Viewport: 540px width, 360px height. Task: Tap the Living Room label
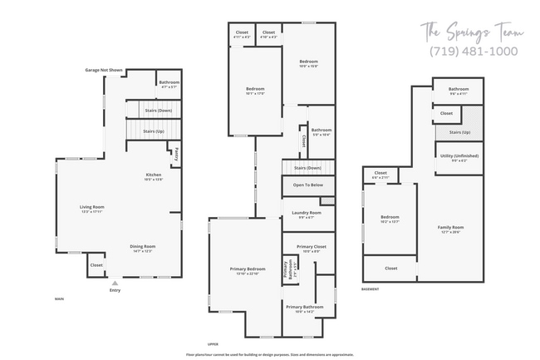coord(91,209)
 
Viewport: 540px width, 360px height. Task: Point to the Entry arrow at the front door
coord(115,283)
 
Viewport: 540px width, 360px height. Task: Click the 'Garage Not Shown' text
coord(104,71)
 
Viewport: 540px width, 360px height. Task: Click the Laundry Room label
coord(306,215)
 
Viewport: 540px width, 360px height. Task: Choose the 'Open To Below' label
coord(307,185)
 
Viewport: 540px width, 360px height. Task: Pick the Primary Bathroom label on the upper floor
coord(304,308)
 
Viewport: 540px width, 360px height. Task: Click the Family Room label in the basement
coord(450,229)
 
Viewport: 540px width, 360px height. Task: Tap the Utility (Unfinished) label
coord(459,157)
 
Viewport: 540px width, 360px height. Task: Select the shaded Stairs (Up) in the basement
coord(459,133)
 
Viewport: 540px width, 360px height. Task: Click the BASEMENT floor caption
coord(371,288)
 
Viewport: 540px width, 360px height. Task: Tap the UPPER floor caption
coord(214,343)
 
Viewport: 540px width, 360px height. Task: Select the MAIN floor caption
coord(59,298)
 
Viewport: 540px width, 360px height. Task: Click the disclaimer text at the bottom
coord(270,353)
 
